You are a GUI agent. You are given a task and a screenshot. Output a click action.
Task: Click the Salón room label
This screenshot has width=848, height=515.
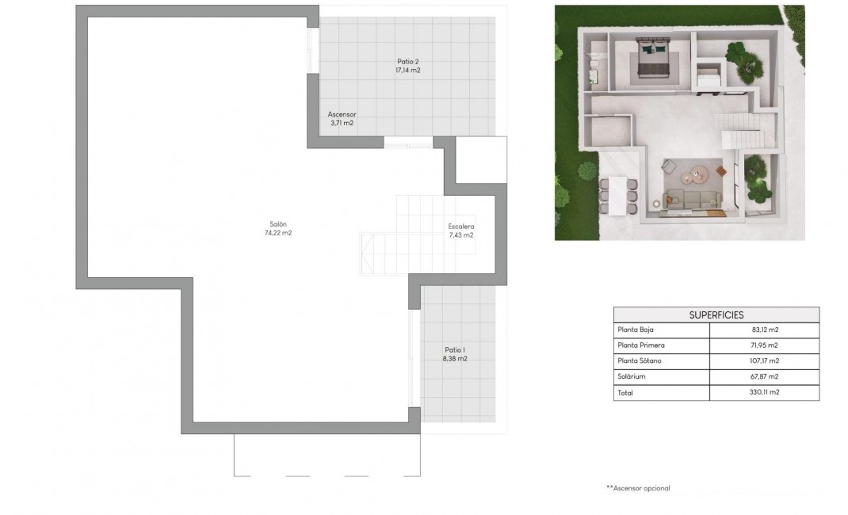tap(277, 223)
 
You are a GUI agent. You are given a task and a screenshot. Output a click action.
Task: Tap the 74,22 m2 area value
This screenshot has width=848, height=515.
tap(277, 233)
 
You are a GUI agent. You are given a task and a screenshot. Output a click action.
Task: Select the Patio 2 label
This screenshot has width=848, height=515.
tap(407, 61)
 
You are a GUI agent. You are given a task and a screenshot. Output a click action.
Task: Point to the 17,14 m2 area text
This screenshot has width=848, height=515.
tap(407, 71)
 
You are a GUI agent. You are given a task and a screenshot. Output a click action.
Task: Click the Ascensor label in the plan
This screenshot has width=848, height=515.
tap(342, 114)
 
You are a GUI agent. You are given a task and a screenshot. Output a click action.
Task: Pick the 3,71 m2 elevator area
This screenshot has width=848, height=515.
tap(342, 124)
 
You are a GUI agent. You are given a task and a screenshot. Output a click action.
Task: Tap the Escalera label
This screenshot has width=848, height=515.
tap(460, 226)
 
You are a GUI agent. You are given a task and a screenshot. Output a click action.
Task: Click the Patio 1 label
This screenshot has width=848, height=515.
tap(455, 349)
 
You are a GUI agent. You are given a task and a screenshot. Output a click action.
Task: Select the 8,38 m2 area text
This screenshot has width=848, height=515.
tap(455, 359)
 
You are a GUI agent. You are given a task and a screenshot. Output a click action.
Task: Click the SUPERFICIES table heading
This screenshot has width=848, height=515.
tap(716, 315)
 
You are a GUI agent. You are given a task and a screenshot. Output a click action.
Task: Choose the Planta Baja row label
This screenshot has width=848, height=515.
tap(636, 330)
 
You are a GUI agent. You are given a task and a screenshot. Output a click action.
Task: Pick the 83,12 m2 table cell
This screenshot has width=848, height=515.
tap(763, 330)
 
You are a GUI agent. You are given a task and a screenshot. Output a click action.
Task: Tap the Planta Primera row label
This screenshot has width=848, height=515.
tap(640, 345)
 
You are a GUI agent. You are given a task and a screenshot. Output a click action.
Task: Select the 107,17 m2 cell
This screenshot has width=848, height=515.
tap(763, 361)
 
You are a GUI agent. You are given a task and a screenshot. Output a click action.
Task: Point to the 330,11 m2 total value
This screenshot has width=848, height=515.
tap(763, 392)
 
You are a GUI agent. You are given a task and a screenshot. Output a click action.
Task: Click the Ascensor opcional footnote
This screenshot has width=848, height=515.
tap(638, 488)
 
